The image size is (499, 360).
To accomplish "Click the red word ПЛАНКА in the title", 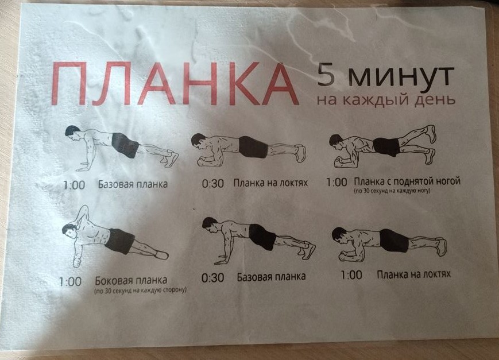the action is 175,84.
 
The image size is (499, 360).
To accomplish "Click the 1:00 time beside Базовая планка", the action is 74,185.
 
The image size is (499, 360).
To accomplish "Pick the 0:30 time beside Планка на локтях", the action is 213,184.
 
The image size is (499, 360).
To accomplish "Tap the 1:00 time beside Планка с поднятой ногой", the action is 336,183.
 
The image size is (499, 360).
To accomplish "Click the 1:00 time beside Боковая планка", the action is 70,282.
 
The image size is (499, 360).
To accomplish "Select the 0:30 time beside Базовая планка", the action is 212,277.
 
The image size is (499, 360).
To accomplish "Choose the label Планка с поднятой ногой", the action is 407,181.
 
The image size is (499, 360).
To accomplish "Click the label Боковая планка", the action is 131,280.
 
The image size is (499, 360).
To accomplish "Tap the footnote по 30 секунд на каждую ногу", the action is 392,191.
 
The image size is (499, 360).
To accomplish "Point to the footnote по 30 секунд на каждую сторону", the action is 140,291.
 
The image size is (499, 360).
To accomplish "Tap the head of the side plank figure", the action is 69,231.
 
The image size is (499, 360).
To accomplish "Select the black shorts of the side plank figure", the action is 119,241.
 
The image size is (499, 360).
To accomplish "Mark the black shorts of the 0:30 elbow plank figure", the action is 254,147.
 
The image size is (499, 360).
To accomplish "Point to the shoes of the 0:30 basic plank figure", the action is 306,249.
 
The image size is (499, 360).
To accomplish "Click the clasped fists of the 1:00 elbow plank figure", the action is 346,256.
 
